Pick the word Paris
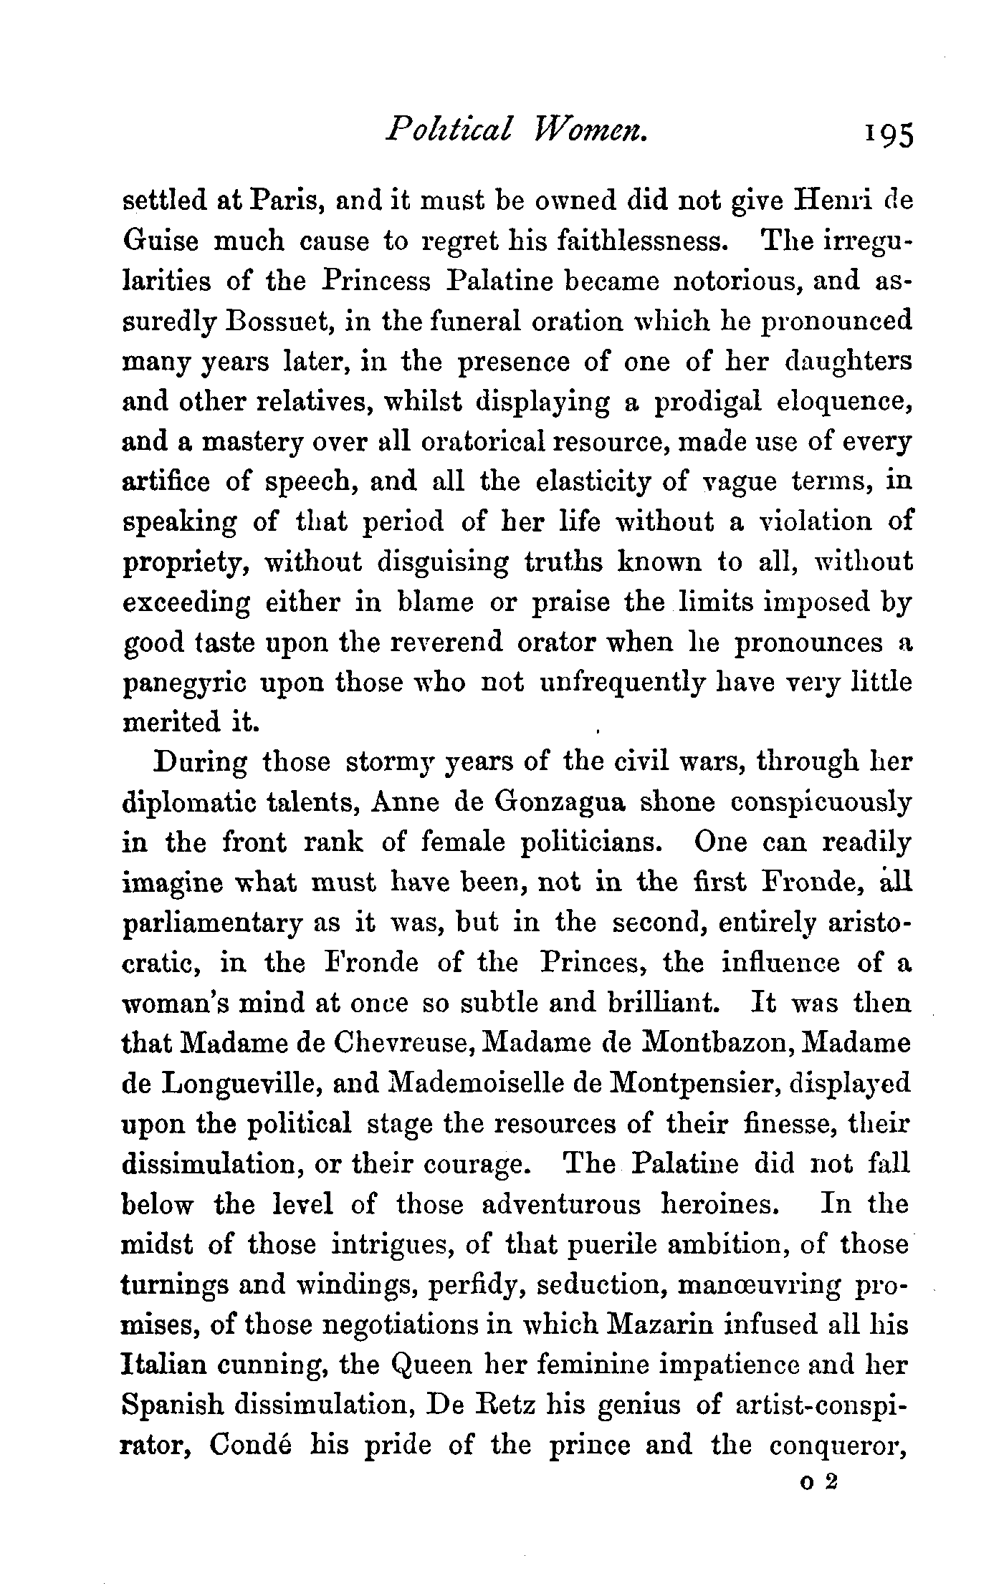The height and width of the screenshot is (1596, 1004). [282, 201]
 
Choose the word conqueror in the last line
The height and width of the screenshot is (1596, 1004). [839, 1446]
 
